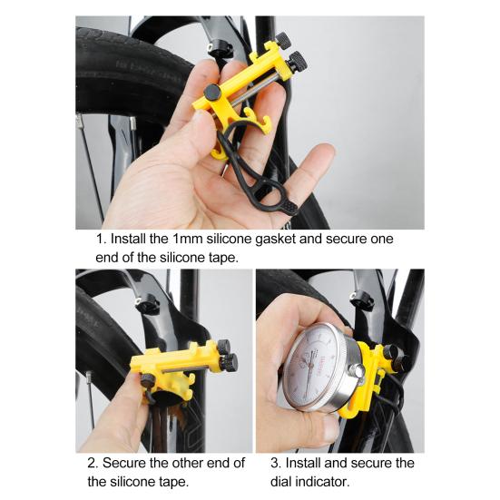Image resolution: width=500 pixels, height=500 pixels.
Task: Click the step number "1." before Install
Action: tap(101, 239)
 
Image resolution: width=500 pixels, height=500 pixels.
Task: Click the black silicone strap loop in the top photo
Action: tap(263, 181)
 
